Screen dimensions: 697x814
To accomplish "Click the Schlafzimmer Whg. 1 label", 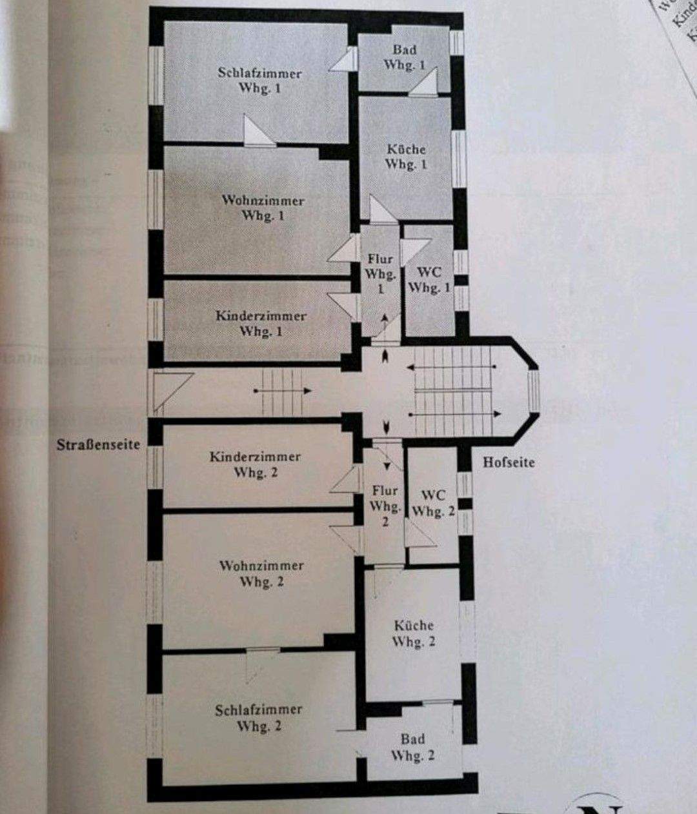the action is (259, 81).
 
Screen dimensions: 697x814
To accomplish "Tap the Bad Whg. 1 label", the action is (405, 57).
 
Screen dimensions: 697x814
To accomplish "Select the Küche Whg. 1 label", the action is (406, 157).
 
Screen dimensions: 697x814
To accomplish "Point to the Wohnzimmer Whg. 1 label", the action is (263, 208).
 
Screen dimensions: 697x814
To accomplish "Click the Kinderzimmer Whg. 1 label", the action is (261, 324).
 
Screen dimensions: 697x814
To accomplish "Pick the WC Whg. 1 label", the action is (429, 280).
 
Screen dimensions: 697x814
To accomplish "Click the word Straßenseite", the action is (98, 445).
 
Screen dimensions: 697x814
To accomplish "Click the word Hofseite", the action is (509, 462).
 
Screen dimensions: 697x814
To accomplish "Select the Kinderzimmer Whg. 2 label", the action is (255, 464).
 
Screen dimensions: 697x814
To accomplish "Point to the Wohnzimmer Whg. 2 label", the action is (261, 573).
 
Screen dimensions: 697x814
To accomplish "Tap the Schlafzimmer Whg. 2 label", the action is (258, 717).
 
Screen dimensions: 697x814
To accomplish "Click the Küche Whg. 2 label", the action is (414, 633).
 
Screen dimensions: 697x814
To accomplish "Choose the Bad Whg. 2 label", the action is (412, 747).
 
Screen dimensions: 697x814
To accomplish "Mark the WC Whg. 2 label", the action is (433, 504).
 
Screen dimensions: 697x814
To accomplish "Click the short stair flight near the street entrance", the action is (282, 391).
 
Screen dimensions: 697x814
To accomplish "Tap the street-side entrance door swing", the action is (169, 389).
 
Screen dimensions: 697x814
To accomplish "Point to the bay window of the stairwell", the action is (533, 390).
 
